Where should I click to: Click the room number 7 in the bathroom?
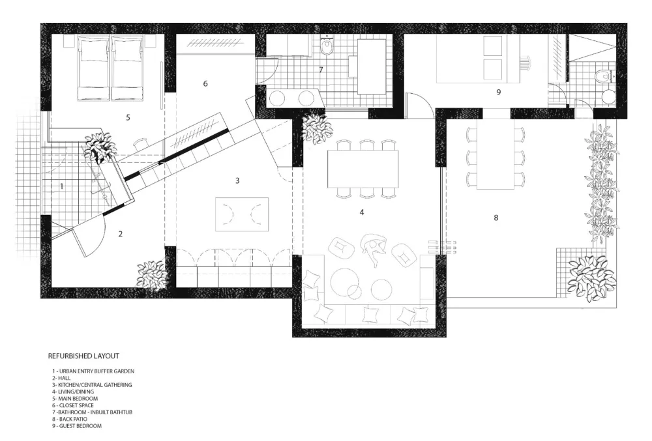pos(321,70)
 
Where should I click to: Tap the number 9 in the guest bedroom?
pos(499,92)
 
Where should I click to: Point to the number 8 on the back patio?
pos(496,218)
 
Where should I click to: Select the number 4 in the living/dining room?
pos(362,212)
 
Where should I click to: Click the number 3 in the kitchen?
pos(237,180)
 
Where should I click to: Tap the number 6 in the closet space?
pos(205,84)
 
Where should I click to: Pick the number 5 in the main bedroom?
pos(128,117)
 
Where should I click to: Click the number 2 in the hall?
pos(121,235)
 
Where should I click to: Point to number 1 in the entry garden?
pos(62,186)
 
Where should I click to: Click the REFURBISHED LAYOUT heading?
pos(83,356)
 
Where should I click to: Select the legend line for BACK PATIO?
pos(70,419)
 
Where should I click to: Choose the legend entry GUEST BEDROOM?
pos(76,425)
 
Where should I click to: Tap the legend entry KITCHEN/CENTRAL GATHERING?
pos(92,385)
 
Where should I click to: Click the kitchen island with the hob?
pos(242,214)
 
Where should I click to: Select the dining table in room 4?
pos(363,169)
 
